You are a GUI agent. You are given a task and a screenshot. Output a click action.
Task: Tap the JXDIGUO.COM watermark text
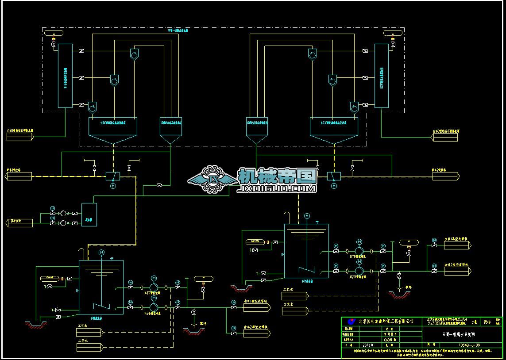[277, 189]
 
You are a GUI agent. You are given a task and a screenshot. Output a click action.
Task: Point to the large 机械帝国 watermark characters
[277, 176]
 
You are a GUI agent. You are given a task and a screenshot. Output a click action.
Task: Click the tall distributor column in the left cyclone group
[65, 75]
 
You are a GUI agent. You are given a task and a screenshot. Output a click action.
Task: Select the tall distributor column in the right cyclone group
[381, 75]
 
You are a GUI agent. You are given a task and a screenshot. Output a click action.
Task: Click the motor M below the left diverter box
[113, 186]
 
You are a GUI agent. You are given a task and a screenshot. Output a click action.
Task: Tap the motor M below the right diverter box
[333, 186]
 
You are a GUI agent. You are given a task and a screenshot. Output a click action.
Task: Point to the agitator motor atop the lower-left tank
[101, 252]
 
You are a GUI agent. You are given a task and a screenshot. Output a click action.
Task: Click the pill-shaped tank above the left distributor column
[55, 34]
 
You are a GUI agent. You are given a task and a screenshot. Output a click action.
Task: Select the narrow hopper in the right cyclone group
[257, 129]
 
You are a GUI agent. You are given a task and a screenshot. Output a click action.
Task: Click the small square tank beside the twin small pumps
[89, 214]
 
